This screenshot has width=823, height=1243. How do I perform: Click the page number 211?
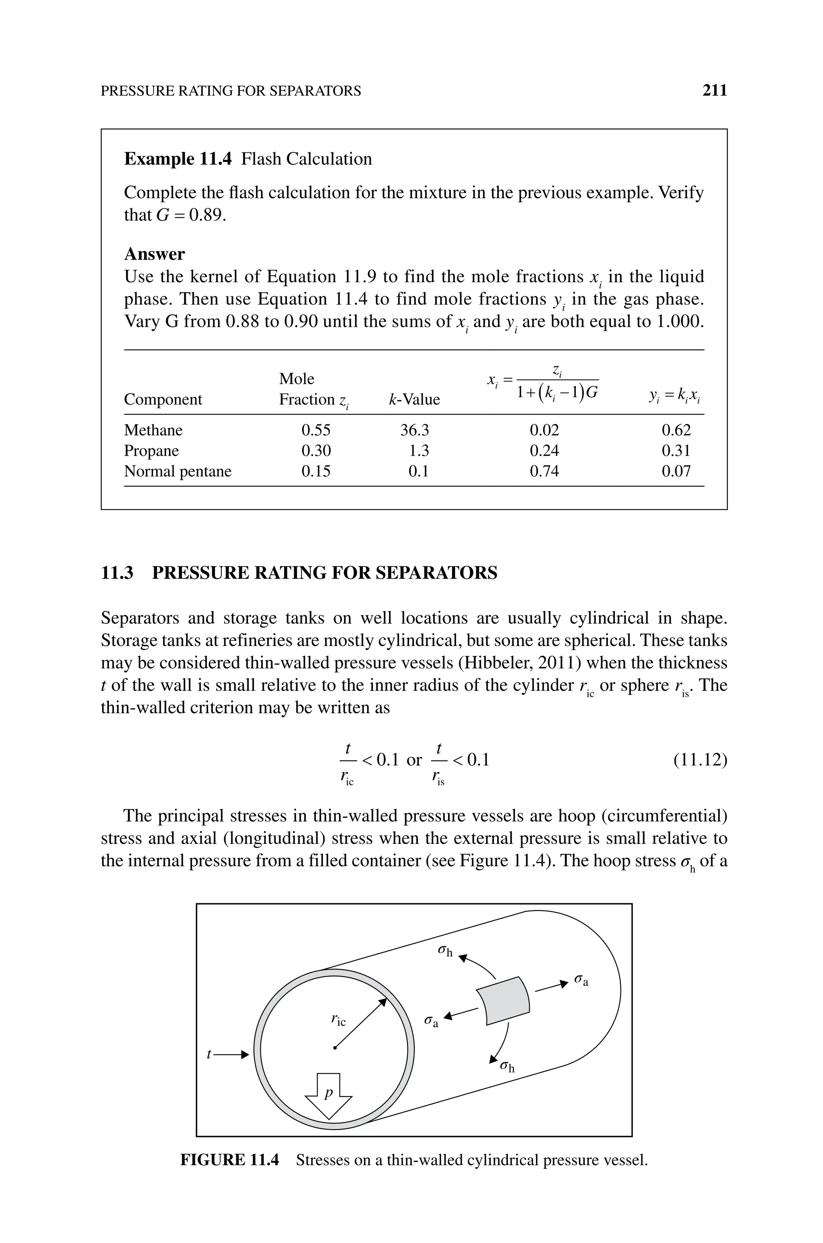(714, 91)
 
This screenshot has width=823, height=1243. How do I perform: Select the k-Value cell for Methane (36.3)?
(414, 431)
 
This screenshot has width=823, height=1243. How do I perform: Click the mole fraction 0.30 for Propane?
(316, 451)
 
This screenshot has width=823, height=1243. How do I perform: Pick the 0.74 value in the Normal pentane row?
(544, 472)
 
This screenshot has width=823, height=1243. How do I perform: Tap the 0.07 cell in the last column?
(676, 472)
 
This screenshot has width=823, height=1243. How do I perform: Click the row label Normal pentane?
(177, 472)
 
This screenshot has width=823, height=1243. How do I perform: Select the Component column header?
(163, 400)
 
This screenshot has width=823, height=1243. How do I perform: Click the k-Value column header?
(414, 400)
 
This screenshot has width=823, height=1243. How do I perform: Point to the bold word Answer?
(154, 254)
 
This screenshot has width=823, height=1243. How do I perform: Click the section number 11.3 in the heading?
(117, 573)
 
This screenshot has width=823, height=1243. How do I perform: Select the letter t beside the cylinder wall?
(209, 1054)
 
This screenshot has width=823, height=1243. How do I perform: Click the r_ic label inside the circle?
(338, 1020)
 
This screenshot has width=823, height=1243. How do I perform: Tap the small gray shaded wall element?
(503, 1001)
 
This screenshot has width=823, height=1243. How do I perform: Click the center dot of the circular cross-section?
(334, 1048)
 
